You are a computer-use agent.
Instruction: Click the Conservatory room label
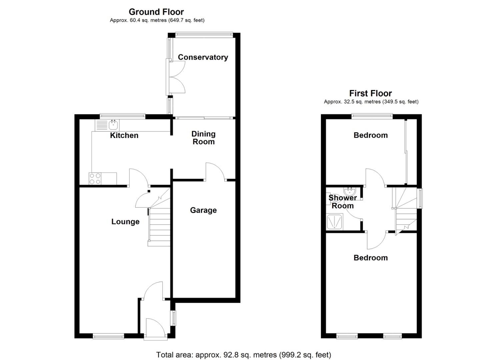tap(203, 57)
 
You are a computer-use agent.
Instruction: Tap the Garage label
tap(203, 210)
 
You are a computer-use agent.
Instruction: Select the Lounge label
tap(125, 222)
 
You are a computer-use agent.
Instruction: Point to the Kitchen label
tap(124, 135)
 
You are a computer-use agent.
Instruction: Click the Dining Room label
tap(203, 138)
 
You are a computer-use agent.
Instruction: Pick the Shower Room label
tap(343, 202)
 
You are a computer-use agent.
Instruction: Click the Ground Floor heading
tap(156, 12)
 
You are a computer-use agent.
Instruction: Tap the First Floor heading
tap(370, 93)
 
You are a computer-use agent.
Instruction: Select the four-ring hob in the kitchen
tap(95, 178)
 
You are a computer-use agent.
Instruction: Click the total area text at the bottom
tap(243, 355)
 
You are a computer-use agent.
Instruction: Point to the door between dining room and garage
tap(215, 172)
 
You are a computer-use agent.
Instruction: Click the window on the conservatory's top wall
tap(204, 33)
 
